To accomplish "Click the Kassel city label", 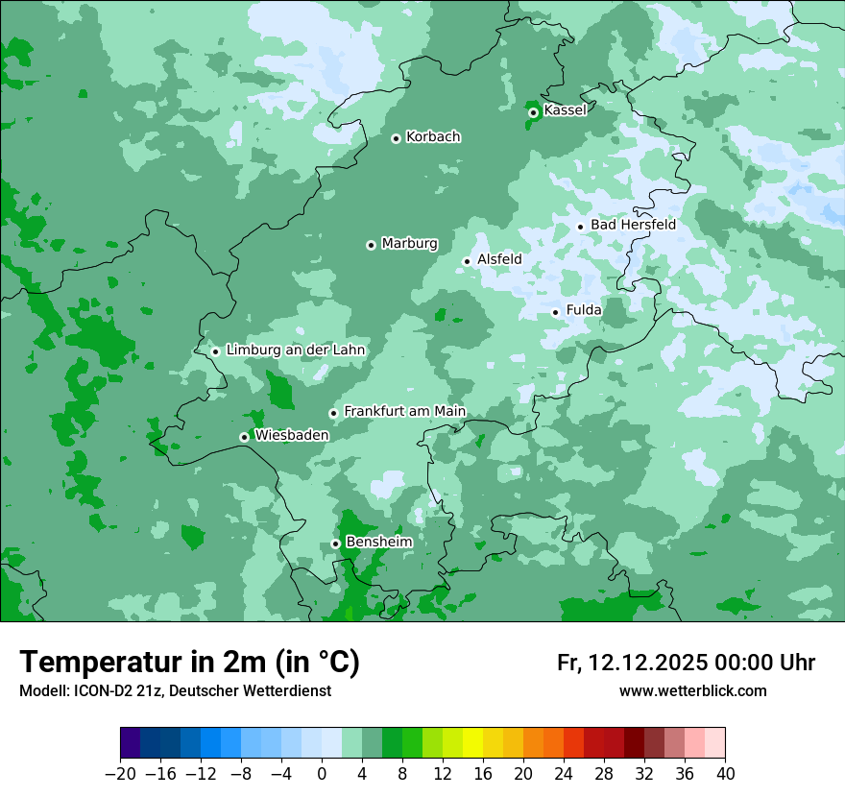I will (565, 110).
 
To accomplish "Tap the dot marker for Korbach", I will (396, 138).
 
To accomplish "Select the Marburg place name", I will (409, 244).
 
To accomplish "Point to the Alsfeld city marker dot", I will (467, 261).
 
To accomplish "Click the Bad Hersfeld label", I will (633, 225).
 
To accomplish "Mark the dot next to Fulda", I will (555, 312).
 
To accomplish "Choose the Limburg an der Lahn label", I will (295, 350).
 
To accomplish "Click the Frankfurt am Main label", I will (404, 412).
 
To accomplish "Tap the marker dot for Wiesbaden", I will (244, 437).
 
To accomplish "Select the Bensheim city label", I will (378, 543).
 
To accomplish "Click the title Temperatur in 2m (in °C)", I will (189, 663).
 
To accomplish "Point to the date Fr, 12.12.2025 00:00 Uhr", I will (686, 663).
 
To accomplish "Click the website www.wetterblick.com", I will (692, 691).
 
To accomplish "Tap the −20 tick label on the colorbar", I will (120, 774).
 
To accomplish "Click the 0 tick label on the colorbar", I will (322, 774).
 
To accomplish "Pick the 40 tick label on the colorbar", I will (725, 774).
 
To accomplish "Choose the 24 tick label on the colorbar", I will (564, 774).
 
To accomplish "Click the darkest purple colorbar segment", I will (131, 743).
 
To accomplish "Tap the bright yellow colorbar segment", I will (472, 743).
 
